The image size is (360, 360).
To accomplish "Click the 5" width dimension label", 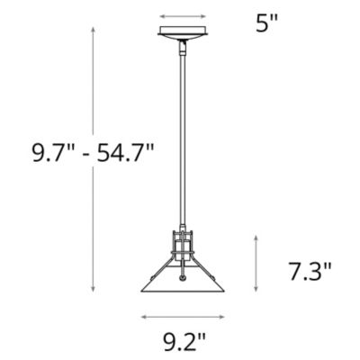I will [x=265, y=24].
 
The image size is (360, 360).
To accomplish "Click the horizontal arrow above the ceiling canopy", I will [x=184, y=15].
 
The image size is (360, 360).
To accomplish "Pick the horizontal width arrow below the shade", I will [x=184, y=316].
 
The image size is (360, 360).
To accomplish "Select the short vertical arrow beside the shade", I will [x=257, y=263].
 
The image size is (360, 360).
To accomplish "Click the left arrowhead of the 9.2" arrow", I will [x=144, y=316].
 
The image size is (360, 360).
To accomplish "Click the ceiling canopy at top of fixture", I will [x=184, y=34].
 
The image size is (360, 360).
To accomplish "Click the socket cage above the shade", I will [x=184, y=246].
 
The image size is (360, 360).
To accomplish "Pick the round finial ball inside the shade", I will [x=184, y=279].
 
